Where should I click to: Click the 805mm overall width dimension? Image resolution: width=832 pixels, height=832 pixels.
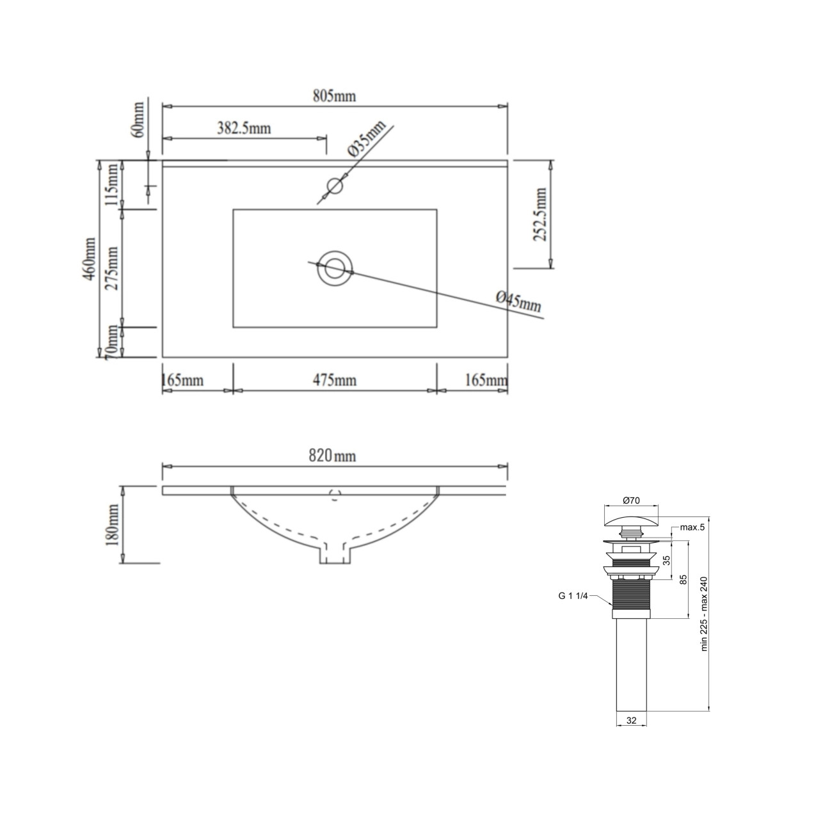pos(334,96)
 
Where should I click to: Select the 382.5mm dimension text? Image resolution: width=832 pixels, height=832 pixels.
pos(244,128)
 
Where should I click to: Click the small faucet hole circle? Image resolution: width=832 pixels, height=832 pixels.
pos(335,186)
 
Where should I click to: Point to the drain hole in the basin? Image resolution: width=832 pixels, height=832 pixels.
pos(335,268)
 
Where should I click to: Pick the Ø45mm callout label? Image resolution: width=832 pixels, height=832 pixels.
pos(518,301)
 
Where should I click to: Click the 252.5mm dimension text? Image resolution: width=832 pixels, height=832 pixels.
pos(540,214)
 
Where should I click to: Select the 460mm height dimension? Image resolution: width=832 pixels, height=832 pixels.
pos(90,259)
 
